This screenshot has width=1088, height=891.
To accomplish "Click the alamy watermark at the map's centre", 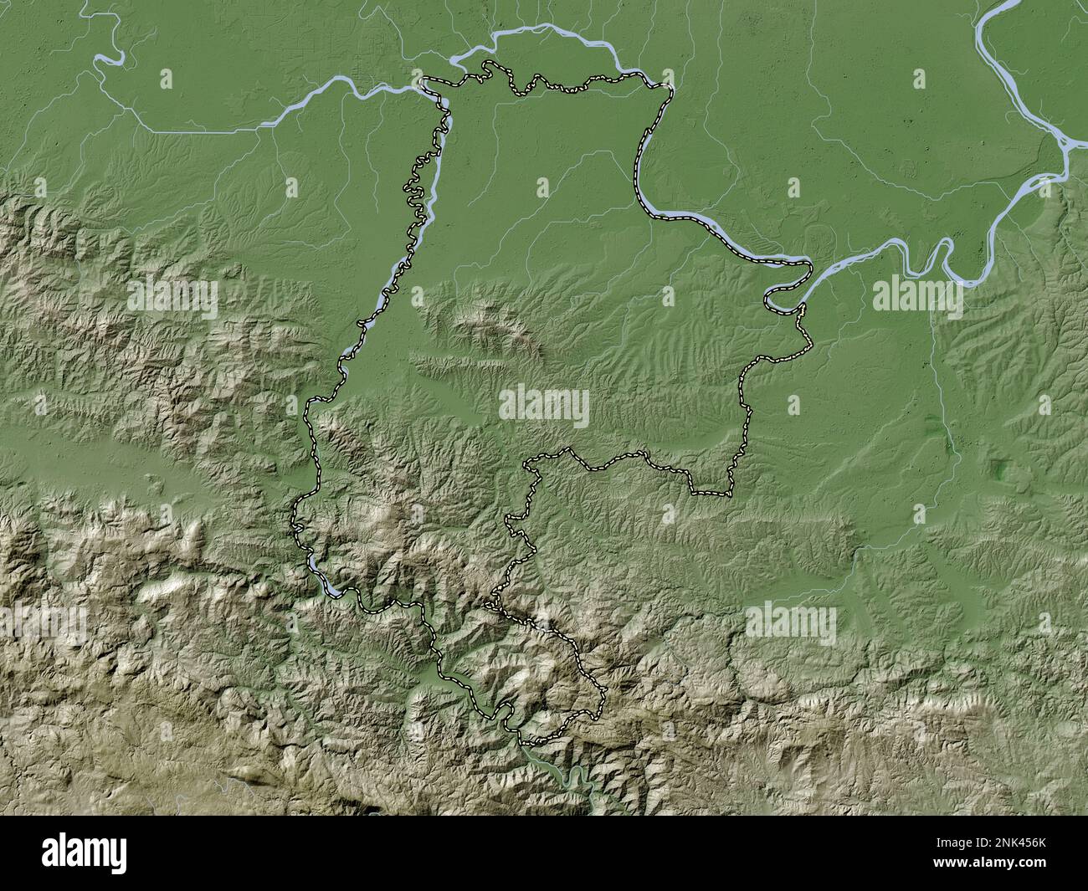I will click(x=544, y=407).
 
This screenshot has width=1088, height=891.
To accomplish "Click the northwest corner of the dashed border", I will click(x=423, y=80).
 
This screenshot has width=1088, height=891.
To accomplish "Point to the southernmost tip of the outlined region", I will click(x=523, y=742).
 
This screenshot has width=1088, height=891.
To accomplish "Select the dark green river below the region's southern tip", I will click(x=577, y=782).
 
